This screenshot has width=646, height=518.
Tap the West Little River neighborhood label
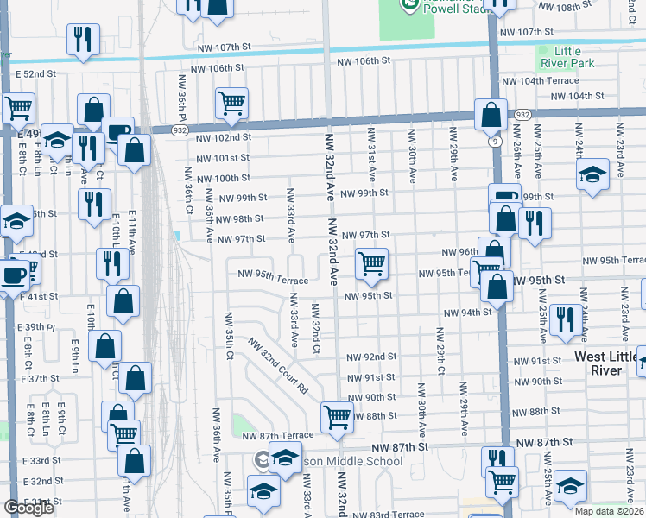point(610,363)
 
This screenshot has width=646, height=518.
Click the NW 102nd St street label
point(223,137)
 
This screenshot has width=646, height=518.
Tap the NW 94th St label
point(467,313)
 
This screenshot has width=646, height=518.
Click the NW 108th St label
point(567,7)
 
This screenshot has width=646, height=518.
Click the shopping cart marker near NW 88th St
point(336,416)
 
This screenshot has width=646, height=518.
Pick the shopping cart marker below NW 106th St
point(231,102)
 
